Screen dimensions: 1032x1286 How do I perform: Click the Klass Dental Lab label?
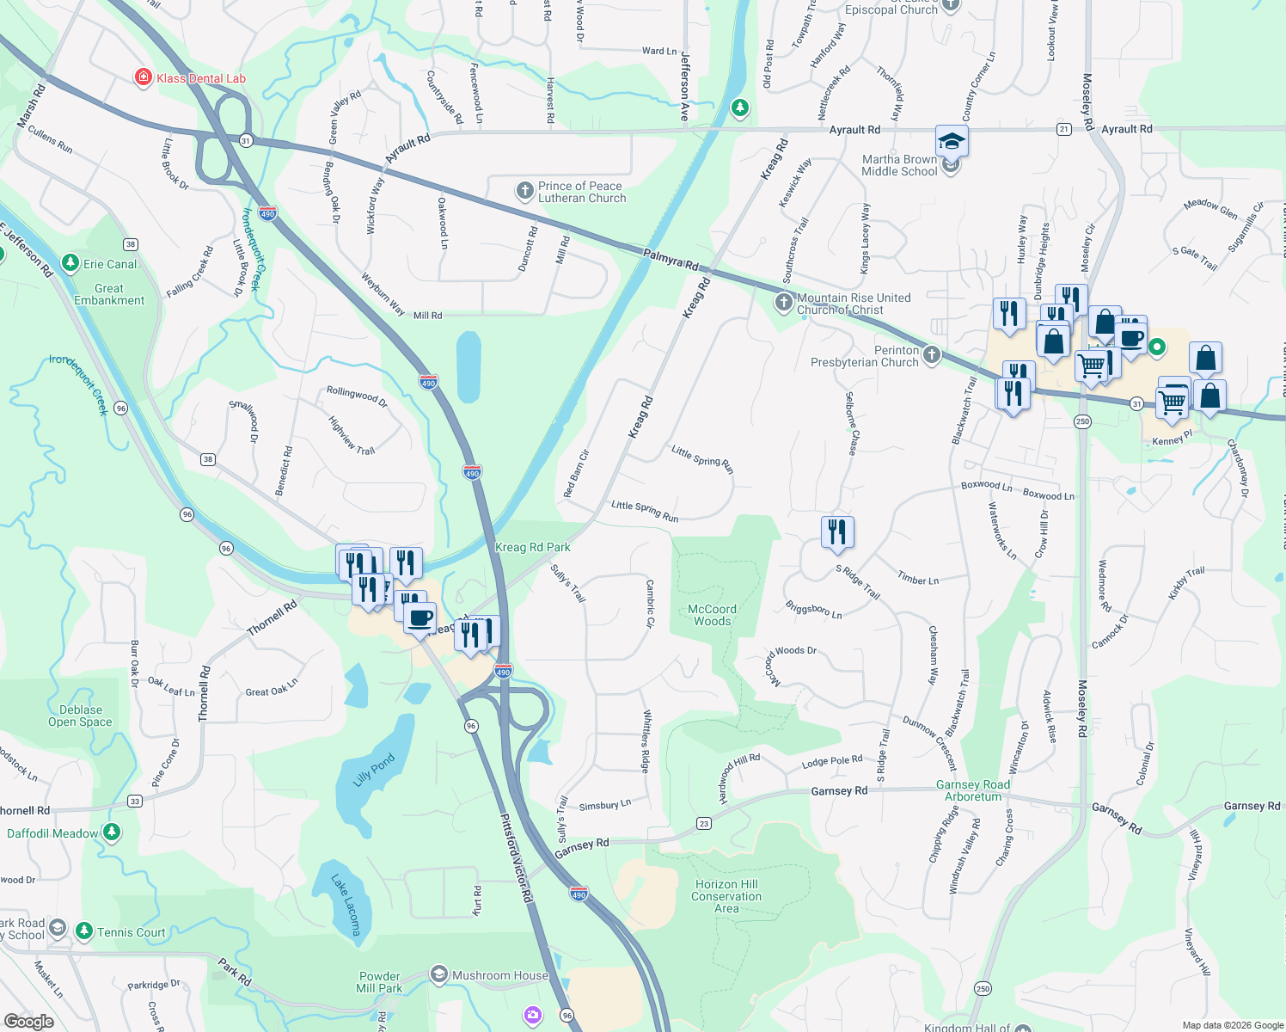coord(200,78)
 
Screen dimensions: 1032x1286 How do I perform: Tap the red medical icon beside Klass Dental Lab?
coord(144,78)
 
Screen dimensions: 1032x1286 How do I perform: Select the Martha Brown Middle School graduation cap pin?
coord(952,141)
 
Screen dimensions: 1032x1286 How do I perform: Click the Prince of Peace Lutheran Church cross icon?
coord(525,191)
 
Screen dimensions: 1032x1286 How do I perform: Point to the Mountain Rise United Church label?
coord(853,304)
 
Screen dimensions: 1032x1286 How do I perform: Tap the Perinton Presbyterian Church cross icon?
coord(932,354)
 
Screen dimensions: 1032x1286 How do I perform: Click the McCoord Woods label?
coord(713,615)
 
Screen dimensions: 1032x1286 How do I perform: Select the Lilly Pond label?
coord(374,770)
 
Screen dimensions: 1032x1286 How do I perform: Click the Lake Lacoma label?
coord(346,904)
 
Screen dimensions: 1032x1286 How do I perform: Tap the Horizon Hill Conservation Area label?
coord(726,896)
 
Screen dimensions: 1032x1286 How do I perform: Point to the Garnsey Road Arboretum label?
coord(973,790)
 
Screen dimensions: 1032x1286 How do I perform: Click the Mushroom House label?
coord(500,975)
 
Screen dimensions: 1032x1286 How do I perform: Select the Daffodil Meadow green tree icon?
coord(111,832)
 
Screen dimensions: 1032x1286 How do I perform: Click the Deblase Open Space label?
coord(80,716)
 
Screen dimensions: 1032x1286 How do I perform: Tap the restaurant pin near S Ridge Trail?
coord(837,531)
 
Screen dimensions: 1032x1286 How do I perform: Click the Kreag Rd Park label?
coord(533,547)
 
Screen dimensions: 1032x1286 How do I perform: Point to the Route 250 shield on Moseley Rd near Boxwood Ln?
coord(1082,421)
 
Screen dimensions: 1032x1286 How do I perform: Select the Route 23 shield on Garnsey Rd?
coord(704,824)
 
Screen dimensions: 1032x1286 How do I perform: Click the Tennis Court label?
coord(131,932)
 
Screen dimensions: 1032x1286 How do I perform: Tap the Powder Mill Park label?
coord(379,982)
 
